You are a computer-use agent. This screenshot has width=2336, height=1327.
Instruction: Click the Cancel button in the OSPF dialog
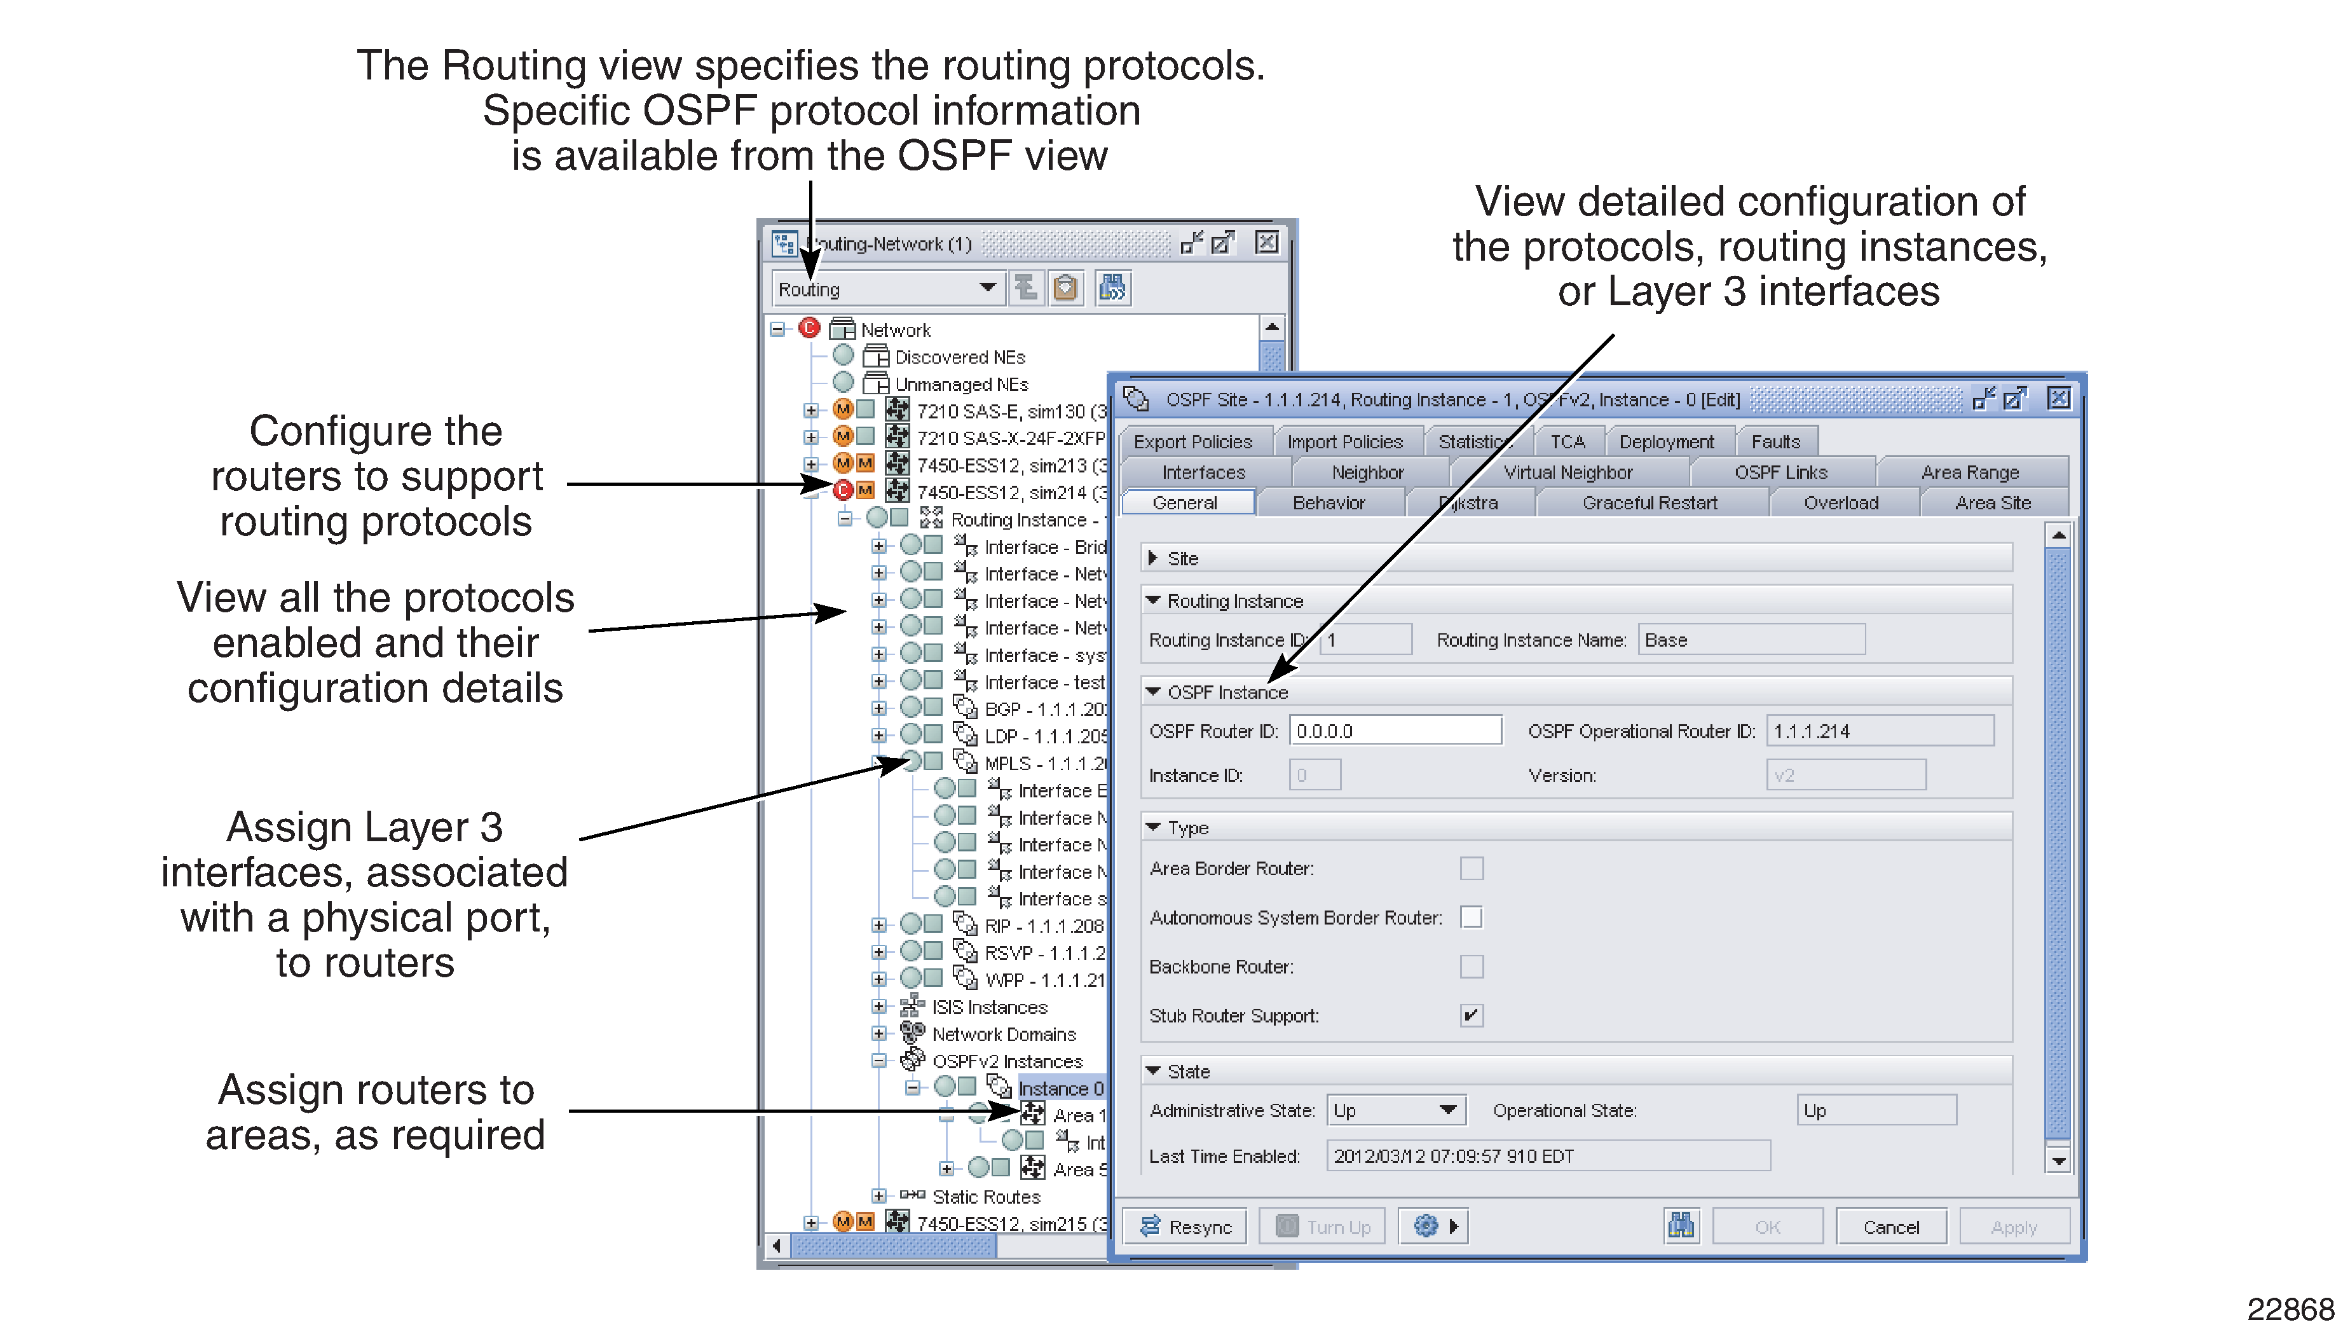click(1890, 1227)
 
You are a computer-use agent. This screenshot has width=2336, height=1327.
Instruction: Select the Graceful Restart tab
click(1649, 503)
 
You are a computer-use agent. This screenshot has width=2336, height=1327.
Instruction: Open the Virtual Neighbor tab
click(1567, 472)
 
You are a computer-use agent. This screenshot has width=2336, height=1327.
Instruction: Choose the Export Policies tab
click(1192, 442)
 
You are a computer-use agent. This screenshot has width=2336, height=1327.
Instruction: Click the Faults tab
click(1776, 442)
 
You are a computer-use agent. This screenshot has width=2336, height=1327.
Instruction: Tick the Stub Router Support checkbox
click(1470, 1015)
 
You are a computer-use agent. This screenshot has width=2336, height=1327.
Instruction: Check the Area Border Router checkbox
click(1470, 869)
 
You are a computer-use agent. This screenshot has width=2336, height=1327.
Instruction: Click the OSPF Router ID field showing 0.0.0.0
click(1394, 731)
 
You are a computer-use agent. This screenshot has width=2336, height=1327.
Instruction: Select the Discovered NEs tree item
click(959, 357)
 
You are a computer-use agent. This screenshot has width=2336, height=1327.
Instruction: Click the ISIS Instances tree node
click(988, 1007)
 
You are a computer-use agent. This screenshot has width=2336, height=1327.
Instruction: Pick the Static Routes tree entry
click(985, 1197)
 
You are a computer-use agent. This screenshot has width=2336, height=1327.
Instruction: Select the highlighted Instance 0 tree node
click(1060, 1088)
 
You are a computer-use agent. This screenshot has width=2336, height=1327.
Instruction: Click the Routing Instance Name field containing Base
click(1750, 640)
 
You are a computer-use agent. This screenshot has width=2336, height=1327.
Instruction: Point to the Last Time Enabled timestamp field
click(1547, 1156)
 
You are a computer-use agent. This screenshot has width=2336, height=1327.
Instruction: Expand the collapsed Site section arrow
click(1152, 558)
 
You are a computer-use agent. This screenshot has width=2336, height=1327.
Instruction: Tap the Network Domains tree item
click(1003, 1035)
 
